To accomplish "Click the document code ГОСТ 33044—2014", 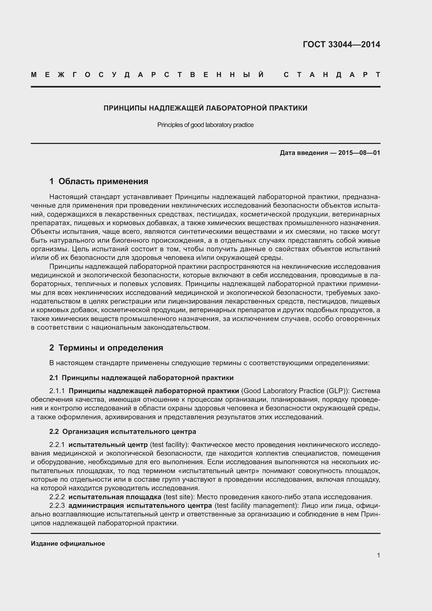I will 341,44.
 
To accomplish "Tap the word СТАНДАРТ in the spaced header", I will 332,75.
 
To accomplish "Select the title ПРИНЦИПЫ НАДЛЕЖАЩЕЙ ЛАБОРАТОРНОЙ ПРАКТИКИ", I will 205,108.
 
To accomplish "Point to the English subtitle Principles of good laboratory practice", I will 205,125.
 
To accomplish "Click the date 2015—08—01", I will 359,153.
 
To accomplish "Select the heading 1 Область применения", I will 99,182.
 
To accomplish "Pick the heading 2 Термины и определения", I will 106,348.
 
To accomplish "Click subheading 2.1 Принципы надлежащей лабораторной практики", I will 141,378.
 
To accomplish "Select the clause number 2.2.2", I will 57,497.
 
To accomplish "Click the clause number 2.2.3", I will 57,506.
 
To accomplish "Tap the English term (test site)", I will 177,497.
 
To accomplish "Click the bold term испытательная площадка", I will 115,497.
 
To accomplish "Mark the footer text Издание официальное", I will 68,544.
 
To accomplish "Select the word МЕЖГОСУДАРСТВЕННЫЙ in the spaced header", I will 147,75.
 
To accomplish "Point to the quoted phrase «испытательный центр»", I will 219,471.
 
